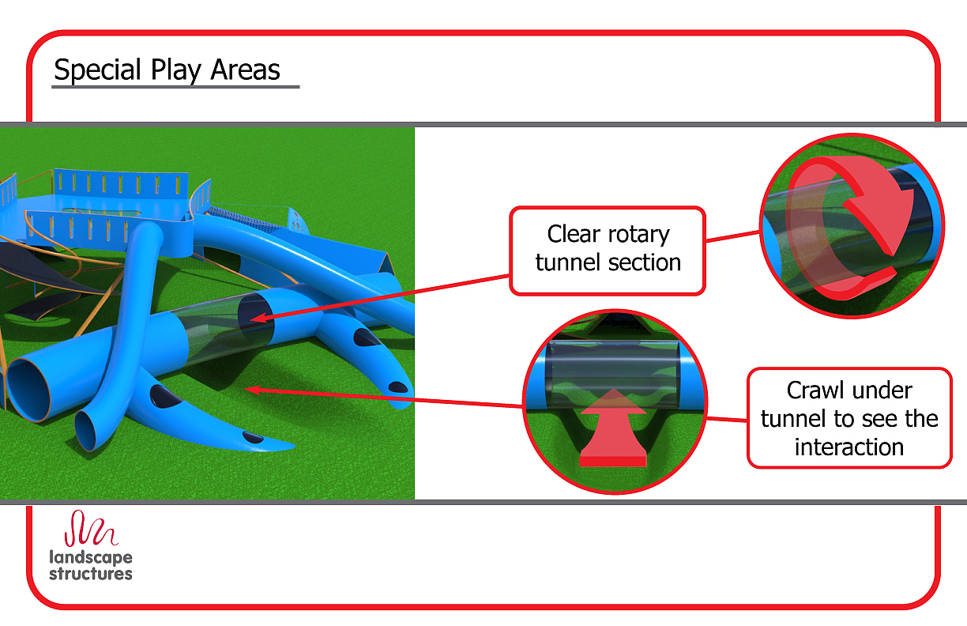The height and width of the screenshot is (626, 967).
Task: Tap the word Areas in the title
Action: [x=245, y=70]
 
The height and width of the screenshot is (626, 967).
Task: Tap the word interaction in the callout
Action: [x=849, y=447]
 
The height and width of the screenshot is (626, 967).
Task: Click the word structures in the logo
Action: [x=91, y=574]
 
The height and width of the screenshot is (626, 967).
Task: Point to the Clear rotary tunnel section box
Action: [x=607, y=251]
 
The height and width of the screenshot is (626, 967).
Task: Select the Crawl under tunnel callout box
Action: [x=849, y=417]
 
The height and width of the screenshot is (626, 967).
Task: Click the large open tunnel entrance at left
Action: [x=31, y=383]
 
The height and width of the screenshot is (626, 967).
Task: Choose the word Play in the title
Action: [x=176, y=70]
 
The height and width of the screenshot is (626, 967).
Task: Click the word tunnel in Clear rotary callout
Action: [x=568, y=262]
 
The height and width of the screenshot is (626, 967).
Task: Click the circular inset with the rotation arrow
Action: [x=852, y=225]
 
